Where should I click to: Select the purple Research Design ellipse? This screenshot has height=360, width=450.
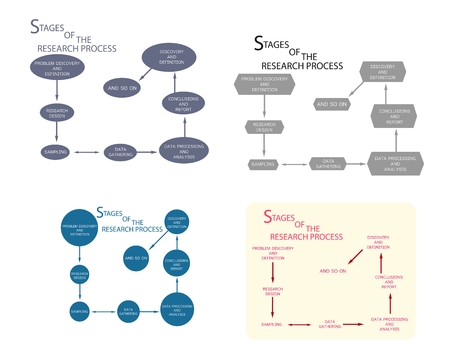coord(56,112)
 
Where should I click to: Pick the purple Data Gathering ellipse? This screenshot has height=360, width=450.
coord(121,152)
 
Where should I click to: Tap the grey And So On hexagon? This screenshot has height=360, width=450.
coord(331,103)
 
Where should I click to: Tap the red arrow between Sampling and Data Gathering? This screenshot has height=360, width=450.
coord(299,324)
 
